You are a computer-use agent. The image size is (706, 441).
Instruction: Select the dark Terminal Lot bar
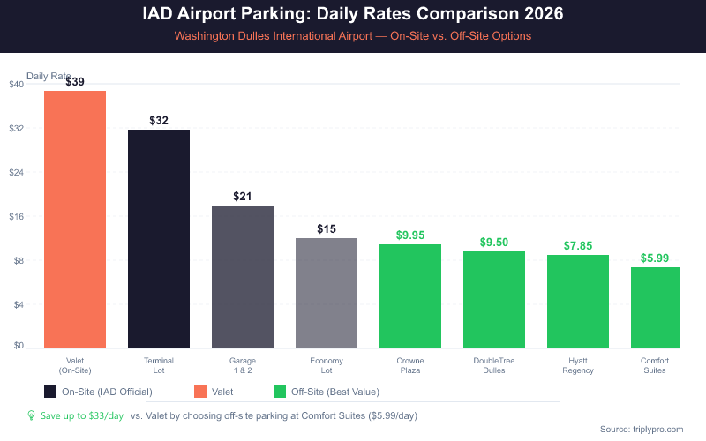pos(159,238)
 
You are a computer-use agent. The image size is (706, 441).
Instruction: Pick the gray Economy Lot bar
pos(327,293)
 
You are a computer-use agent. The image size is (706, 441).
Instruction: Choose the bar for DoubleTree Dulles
pos(494,299)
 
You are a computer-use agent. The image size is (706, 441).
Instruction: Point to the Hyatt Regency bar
pos(578,301)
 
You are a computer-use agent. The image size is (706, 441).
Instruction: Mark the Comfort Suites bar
pos(655,307)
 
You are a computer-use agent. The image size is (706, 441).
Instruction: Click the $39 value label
pos(75,81)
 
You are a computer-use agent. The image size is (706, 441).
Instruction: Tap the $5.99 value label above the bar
pos(655,258)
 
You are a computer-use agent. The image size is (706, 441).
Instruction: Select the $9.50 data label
pos(494,242)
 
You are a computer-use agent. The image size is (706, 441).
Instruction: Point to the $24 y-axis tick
pos(16,173)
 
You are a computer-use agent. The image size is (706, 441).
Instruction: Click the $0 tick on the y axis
pos(18,346)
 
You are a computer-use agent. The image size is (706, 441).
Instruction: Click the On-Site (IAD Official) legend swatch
pos(50,392)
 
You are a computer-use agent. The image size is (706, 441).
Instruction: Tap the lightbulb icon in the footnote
pos(31,415)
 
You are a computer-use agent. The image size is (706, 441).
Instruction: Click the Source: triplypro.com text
pos(641,429)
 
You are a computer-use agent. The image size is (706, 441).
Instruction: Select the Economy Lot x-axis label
pos(327,365)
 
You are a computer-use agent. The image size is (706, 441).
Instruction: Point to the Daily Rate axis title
pos(49,76)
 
